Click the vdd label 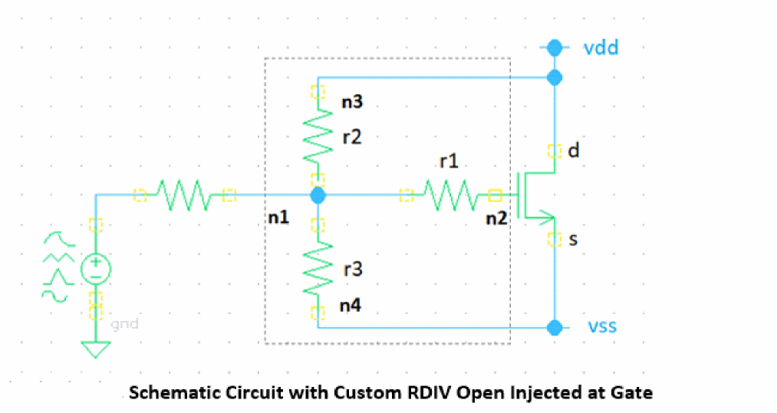point(601,48)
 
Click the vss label point(602,327)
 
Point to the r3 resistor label point(352,269)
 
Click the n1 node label point(278,218)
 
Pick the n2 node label point(496,218)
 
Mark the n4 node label point(351,305)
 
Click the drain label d point(574,151)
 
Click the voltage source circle point(95,268)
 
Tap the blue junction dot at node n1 point(318,195)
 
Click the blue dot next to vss point(554,328)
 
